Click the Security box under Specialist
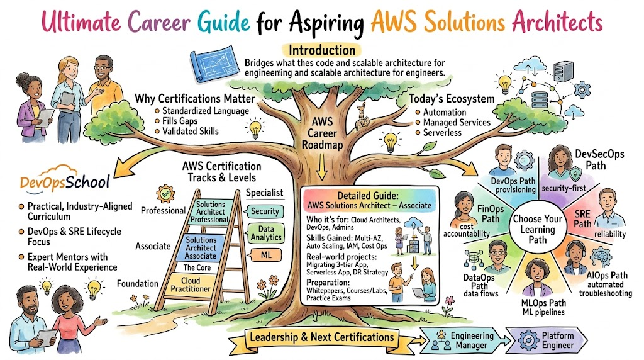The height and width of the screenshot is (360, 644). coord(264,211)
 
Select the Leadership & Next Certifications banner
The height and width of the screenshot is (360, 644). coord(321,337)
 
